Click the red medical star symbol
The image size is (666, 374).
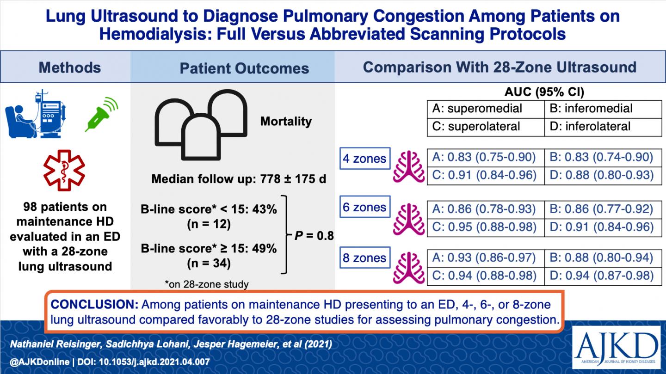click(x=63, y=170)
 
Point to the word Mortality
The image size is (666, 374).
click(x=285, y=122)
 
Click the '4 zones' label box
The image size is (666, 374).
click(x=364, y=159)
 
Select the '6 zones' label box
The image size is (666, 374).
click(x=364, y=208)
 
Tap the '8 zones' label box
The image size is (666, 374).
click(x=364, y=258)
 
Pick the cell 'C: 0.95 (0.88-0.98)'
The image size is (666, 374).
click(x=485, y=227)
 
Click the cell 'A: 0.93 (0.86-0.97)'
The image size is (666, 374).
click(x=485, y=258)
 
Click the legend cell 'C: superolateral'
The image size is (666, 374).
click(x=485, y=127)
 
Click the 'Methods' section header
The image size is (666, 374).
click(x=69, y=67)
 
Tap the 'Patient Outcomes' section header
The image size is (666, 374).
click(x=244, y=68)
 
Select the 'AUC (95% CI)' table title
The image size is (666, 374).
click(x=544, y=92)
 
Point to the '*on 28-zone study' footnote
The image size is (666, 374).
click(x=206, y=284)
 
